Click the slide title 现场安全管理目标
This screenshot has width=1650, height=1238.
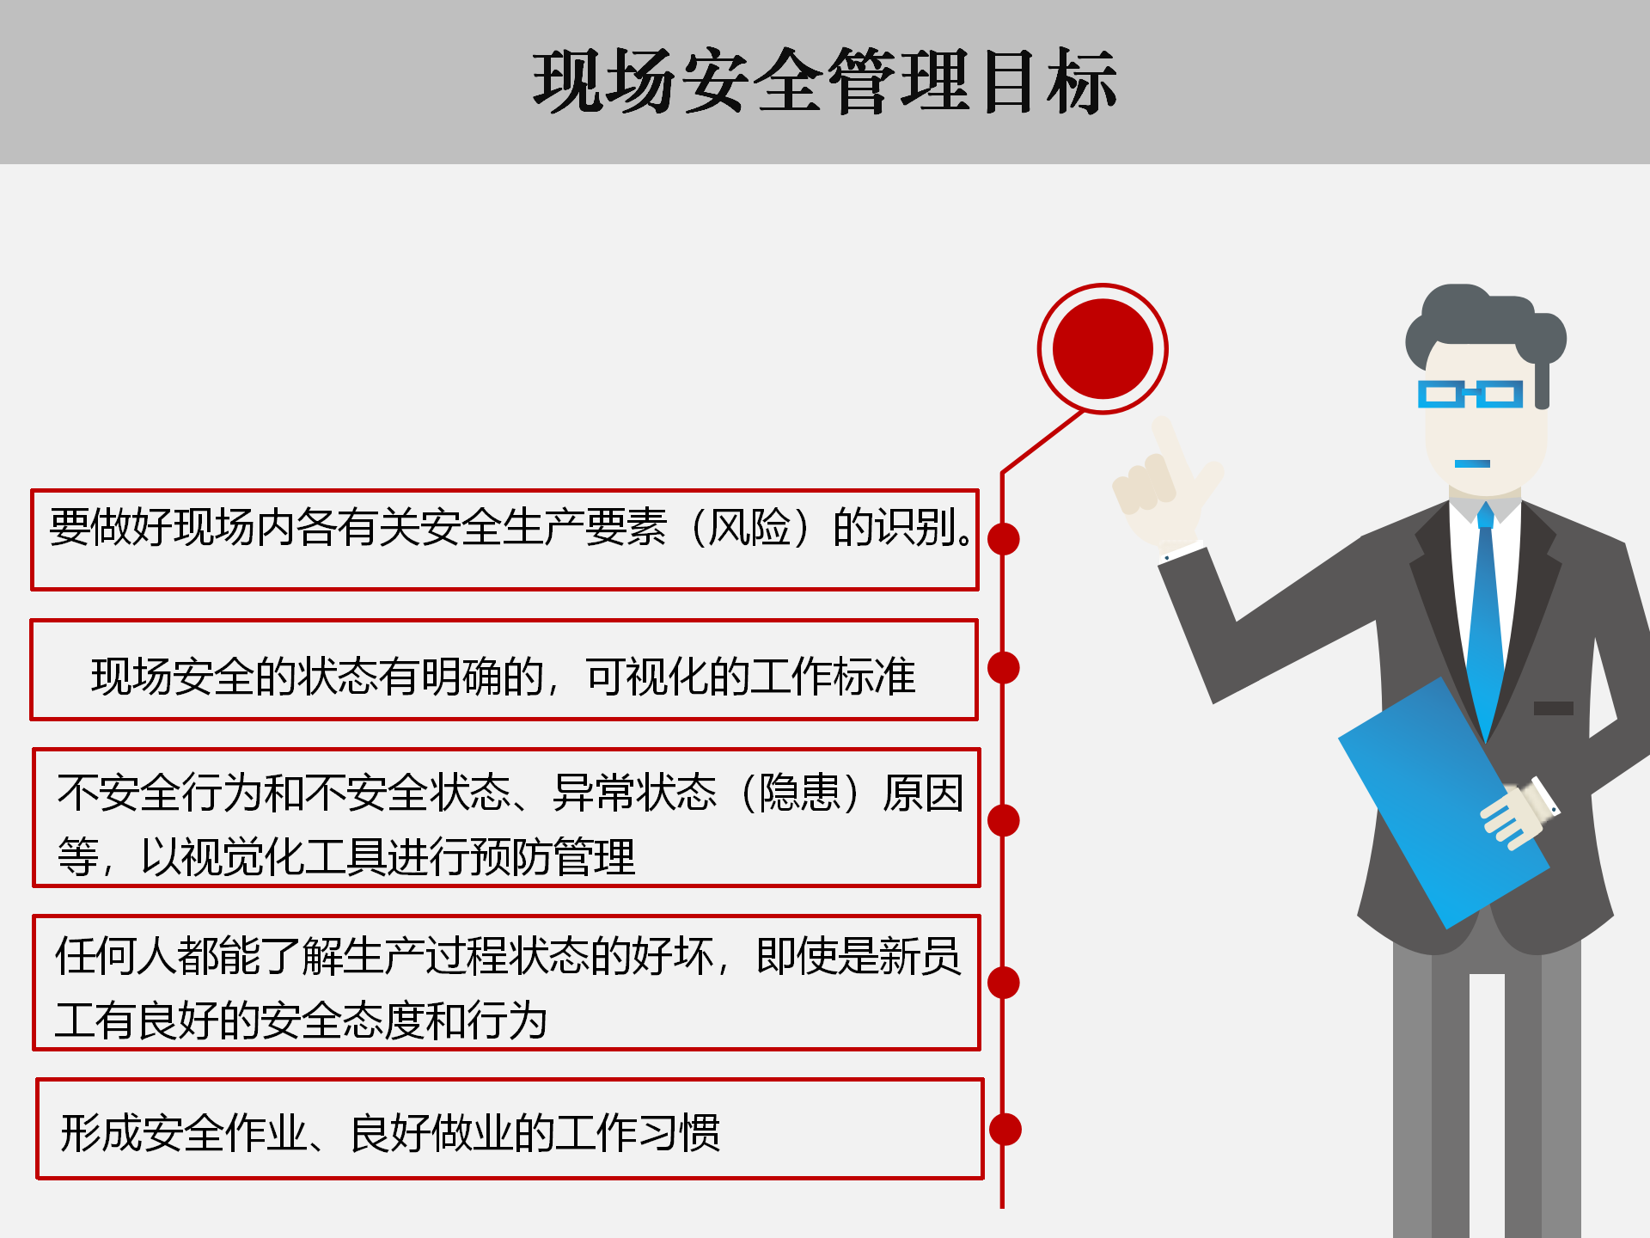pyautogui.click(x=825, y=81)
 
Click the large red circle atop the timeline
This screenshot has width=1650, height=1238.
pyautogui.click(x=1103, y=348)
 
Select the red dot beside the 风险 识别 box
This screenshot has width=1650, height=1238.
pyautogui.click(x=1004, y=539)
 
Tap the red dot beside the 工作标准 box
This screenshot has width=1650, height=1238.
pyautogui.click(x=1004, y=668)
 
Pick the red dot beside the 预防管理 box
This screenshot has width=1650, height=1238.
pyautogui.click(x=1004, y=820)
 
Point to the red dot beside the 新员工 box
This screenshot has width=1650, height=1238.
pyautogui.click(x=1004, y=983)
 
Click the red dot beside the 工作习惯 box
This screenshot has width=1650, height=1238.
pyautogui.click(x=1005, y=1129)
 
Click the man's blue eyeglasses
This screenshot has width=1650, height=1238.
pyautogui.click(x=1470, y=394)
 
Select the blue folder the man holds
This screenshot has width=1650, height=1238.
pyautogui.click(x=1444, y=804)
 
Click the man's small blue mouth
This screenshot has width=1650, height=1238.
pyautogui.click(x=1472, y=464)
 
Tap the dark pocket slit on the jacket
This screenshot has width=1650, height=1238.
pyautogui.click(x=1554, y=708)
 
